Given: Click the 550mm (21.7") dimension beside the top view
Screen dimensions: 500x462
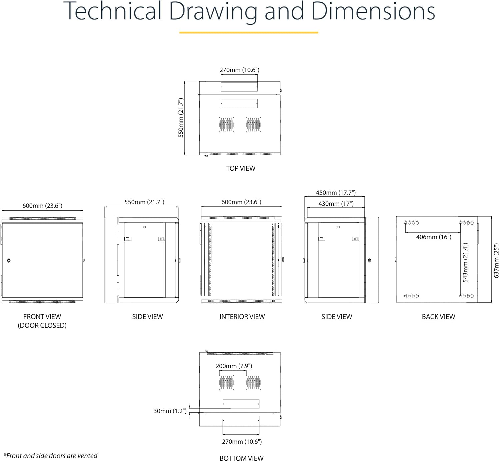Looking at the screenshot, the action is [181, 118].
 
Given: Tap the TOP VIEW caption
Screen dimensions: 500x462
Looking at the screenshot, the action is [241, 168].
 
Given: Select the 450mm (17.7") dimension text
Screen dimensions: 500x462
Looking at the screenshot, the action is [336, 193].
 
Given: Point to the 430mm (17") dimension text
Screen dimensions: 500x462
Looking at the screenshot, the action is [336, 204].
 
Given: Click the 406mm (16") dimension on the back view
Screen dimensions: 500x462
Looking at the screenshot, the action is [434, 237].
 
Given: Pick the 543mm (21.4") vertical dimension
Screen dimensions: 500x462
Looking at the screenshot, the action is [465, 262].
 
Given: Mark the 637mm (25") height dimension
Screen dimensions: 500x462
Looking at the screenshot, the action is [496, 261].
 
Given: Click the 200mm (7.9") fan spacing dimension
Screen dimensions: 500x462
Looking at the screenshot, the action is [234, 366].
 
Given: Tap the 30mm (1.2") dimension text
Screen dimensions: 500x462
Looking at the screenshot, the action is [170, 411].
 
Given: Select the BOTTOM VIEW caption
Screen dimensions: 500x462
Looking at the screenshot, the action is [241, 458].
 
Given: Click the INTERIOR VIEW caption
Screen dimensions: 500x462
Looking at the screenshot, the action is [242, 316].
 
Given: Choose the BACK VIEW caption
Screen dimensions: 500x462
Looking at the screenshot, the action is [439, 316].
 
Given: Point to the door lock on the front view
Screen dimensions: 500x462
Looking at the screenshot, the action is [9, 260].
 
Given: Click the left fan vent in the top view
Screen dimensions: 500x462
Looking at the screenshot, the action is [226, 125].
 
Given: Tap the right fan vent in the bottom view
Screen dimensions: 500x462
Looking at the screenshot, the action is [254, 383].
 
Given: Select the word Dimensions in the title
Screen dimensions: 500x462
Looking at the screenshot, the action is [373, 11].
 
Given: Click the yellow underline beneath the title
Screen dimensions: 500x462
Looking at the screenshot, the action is [249, 32].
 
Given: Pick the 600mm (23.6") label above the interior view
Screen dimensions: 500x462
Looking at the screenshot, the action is [241, 202].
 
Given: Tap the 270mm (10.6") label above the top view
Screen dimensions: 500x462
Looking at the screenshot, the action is [239, 70].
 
